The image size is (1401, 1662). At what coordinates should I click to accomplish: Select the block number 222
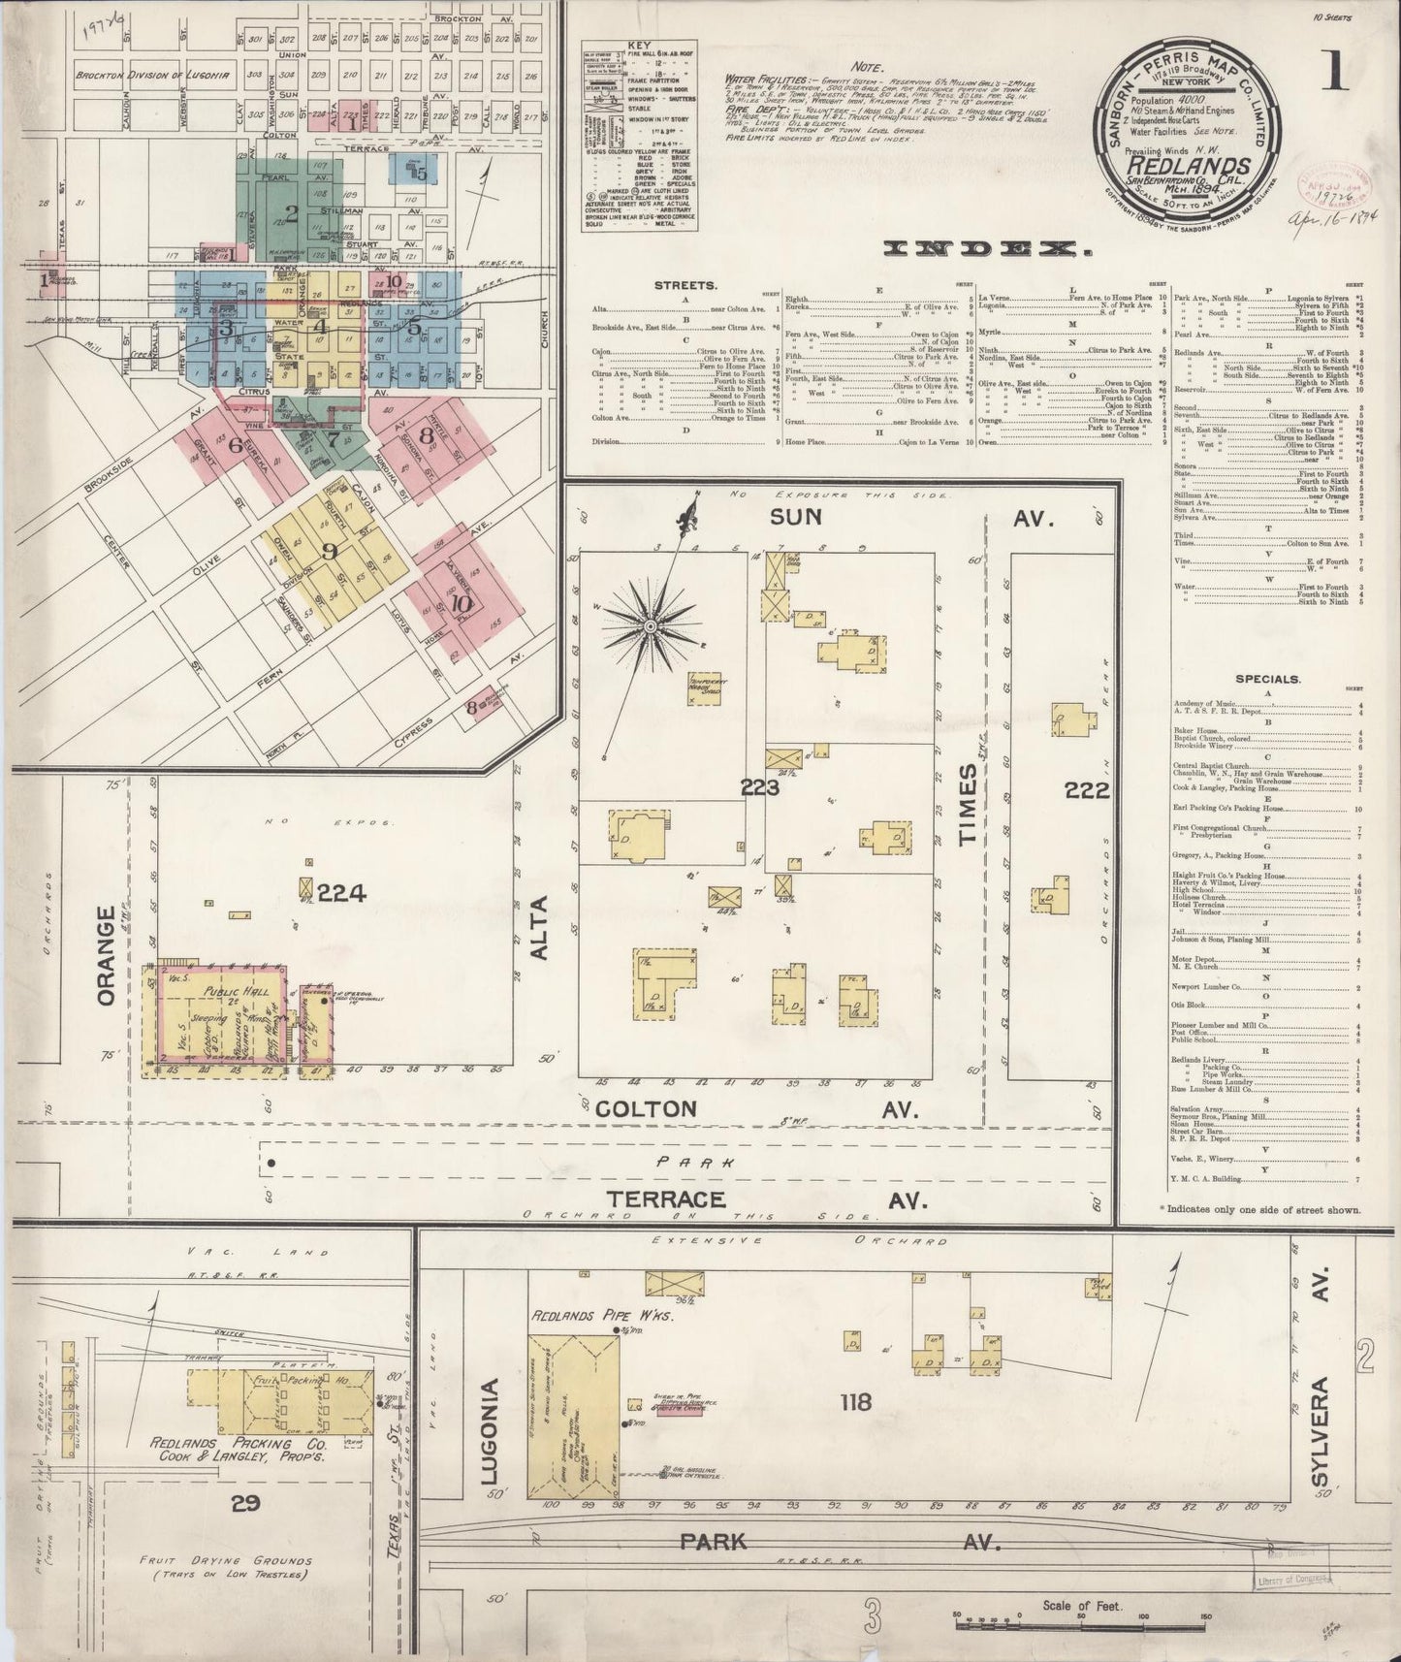[1087, 790]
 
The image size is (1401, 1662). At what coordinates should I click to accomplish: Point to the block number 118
[856, 1401]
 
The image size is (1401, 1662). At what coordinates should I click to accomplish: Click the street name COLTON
[646, 1109]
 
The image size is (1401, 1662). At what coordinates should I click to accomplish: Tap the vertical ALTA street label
[539, 929]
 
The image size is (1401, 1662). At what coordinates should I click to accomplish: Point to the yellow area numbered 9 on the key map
[330, 551]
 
